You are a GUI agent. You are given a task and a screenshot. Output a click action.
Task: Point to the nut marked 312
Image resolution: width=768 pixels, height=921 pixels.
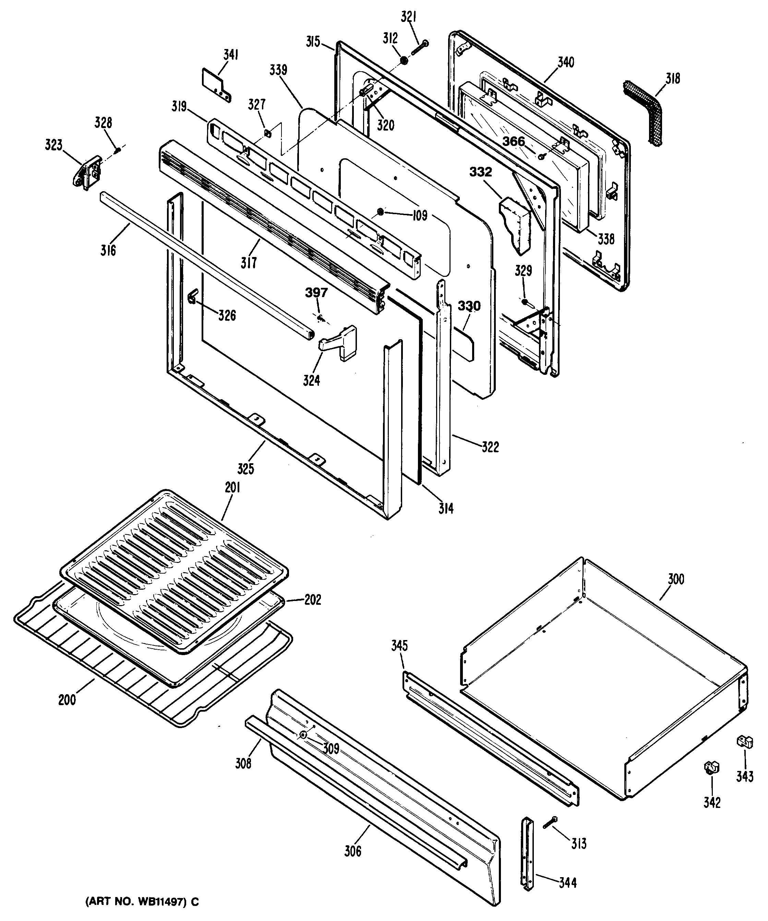point(404,60)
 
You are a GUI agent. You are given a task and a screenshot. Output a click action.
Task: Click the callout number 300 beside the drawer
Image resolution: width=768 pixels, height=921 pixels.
point(675,579)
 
